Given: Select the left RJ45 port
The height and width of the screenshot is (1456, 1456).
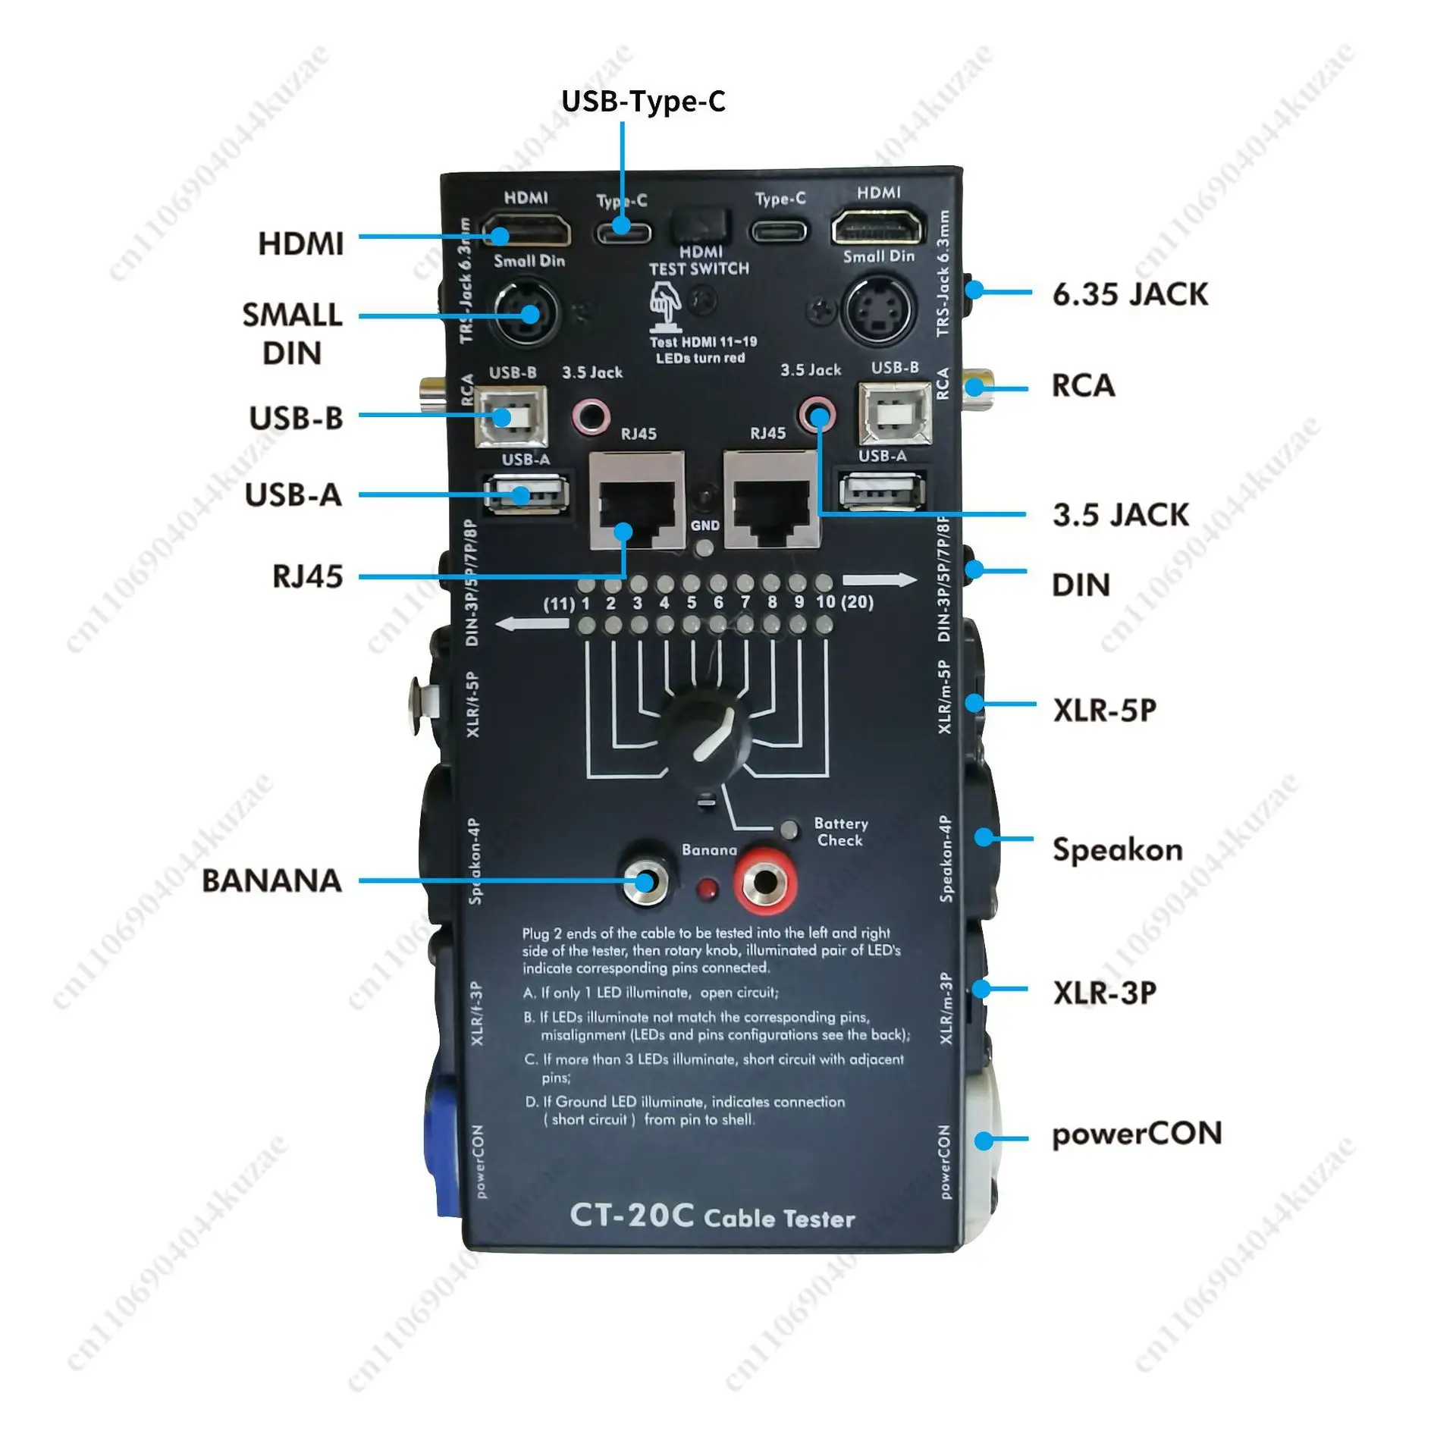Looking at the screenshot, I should point(637,500).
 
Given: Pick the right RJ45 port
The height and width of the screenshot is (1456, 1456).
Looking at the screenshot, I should point(772,500).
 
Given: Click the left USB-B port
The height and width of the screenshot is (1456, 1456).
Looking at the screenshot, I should point(512,416).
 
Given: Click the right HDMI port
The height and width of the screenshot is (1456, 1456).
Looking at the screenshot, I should point(879,226).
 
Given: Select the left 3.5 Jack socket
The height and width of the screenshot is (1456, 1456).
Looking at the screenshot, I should point(591,415).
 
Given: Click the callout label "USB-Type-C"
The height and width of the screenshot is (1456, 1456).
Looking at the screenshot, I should point(643,101).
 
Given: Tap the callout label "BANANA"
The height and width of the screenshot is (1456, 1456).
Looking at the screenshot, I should point(271,880).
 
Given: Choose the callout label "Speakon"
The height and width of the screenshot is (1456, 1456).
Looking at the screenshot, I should point(1117,850).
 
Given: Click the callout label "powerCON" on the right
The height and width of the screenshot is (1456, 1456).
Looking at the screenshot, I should point(1136,1134).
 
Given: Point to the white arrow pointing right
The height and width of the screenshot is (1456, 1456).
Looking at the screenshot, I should point(880,581).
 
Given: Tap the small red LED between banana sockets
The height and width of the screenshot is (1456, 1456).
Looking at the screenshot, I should point(709,887).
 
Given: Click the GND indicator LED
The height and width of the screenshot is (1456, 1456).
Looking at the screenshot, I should point(705,548).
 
